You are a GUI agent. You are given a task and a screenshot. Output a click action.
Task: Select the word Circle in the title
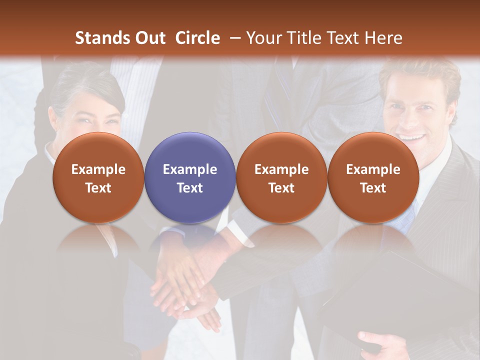pos(197,38)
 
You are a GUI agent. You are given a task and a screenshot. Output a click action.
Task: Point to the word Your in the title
pos(263,38)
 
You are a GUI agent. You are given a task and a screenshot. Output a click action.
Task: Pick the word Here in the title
pos(385,38)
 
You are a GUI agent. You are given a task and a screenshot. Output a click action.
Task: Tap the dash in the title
pos(234,38)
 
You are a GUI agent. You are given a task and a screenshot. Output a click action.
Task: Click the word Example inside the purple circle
pos(190,169)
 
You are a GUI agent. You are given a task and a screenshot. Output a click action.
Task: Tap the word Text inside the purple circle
pos(190,188)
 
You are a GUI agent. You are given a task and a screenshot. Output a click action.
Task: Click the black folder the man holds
pos(400,300)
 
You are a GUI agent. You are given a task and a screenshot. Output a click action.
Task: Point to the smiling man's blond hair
pos(420,75)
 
